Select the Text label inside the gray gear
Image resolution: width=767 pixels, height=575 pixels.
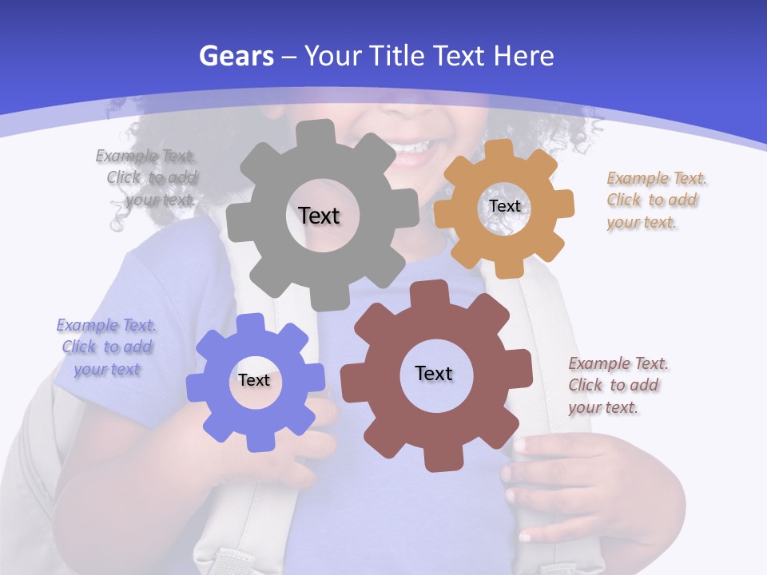pos(319,216)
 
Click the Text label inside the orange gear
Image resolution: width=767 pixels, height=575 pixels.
pos(504,206)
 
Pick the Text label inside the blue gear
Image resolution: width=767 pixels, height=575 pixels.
pos(254,380)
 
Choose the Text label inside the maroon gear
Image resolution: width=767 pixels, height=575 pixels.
pos(434,373)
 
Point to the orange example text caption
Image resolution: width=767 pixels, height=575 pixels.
pos(656,200)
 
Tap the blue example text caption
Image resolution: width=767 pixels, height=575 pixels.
pos(106,347)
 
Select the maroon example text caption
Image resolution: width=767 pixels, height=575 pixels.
pos(618,385)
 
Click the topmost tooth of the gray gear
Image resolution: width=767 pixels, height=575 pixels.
pos(319,133)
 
